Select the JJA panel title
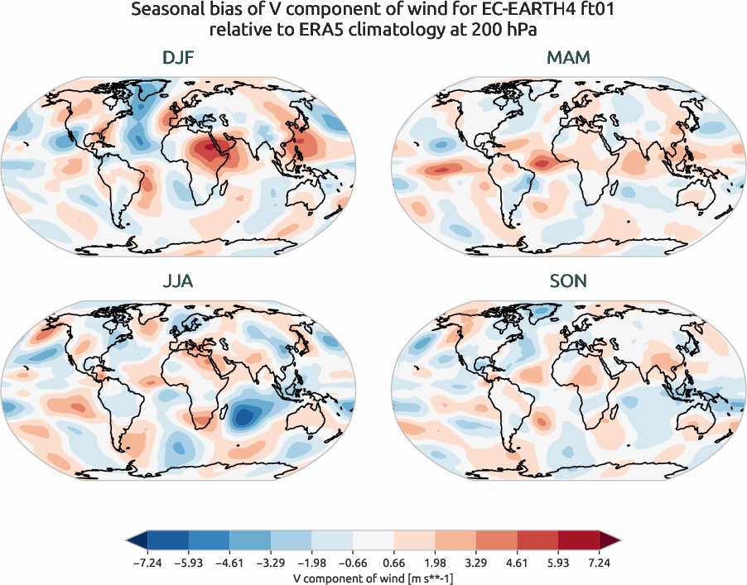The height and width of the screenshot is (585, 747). click(179, 281)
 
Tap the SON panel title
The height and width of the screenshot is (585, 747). click(568, 281)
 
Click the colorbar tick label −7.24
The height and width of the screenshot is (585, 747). click(147, 562)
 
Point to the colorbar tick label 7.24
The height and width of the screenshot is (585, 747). click(599, 562)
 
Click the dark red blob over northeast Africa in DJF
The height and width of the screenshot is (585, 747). click(211, 151)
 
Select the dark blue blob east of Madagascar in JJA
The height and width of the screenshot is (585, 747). click(244, 414)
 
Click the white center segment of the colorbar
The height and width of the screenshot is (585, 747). click(373, 540)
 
